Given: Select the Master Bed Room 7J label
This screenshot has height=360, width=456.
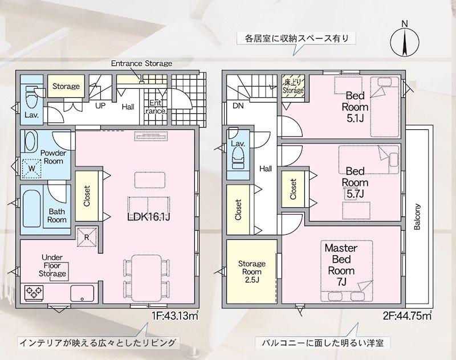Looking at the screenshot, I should [341, 265].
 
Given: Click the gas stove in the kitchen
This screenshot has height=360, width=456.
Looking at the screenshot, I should [35, 293].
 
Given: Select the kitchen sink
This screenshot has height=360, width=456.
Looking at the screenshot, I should [82, 293].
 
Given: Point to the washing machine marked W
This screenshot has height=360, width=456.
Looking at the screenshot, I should [32, 168].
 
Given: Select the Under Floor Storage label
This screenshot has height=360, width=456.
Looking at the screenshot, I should [52, 266].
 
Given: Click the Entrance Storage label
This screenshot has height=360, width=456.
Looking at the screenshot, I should [141, 63].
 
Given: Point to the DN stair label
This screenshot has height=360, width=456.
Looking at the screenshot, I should [237, 105].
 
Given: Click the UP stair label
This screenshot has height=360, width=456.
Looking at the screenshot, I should [100, 106].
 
